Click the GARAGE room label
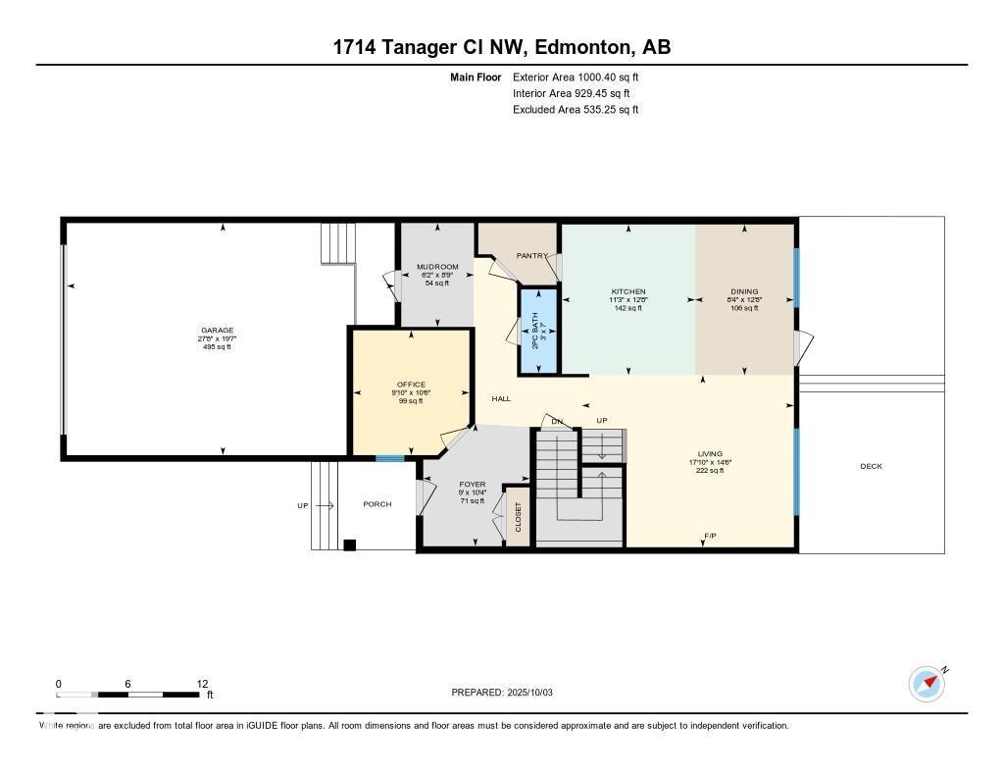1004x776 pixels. point(216,331)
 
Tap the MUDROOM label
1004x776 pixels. point(437,267)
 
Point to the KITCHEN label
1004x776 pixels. point(628,292)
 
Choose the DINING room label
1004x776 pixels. point(743,292)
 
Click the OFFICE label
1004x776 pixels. point(411,385)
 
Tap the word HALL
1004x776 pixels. point(501,399)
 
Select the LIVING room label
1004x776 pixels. point(709,454)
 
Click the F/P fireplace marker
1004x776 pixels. point(710,536)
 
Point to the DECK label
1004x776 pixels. point(871,466)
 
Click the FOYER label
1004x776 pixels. point(473,485)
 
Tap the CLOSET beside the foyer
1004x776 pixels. point(518,517)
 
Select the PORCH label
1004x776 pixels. point(377,504)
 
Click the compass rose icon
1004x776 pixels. point(927,683)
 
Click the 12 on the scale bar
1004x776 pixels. point(202,684)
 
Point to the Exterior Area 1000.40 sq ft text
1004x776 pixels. point(576,78)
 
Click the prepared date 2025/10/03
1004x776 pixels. point(535,693)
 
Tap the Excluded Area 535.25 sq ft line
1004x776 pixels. point(576,110)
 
